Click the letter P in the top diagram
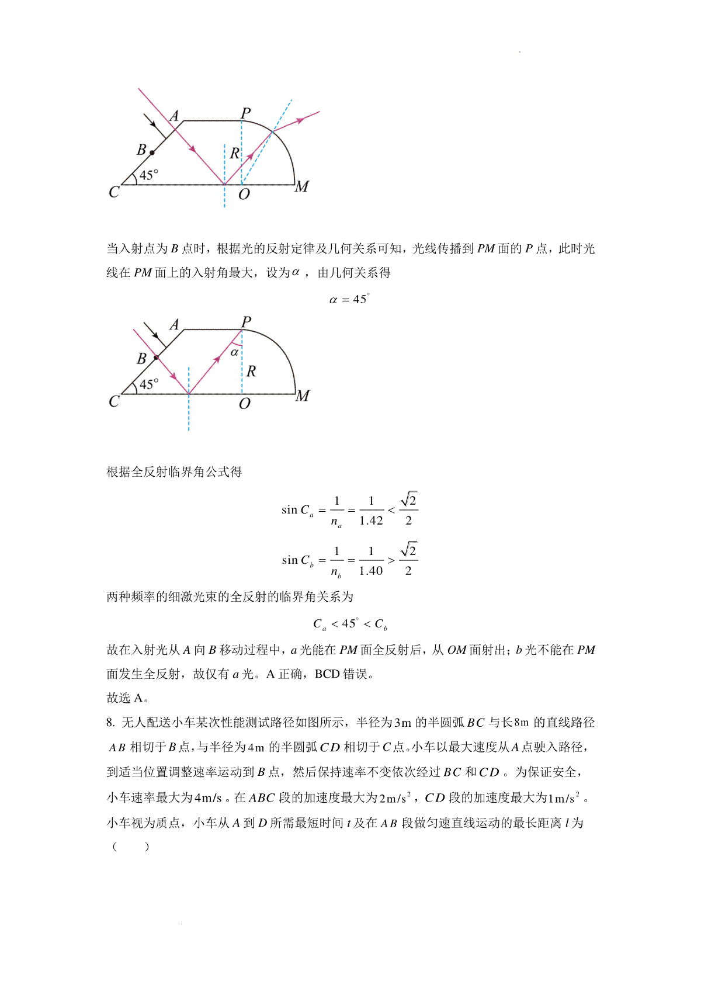pos(246,113)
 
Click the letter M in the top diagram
pos(301,187)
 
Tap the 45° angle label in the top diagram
pos(149,175)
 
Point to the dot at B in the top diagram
pos(152,152)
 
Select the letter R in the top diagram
pos(234,154)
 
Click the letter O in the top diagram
pos(244,195)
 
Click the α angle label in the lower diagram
pos(235,352)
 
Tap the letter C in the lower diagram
pos(114,401)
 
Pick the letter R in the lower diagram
pos(251,371)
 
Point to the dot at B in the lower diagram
pos(156,357)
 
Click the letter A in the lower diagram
pos(174,325)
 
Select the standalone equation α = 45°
pos(349,300)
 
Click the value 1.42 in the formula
pos(371,521)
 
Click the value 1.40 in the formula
pos(371,571)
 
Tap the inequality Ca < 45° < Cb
pos(350,625)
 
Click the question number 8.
pos(110,723)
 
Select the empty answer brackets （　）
pos(130,847)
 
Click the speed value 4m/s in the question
pos(208,798)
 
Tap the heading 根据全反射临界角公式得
pos(174,472)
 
